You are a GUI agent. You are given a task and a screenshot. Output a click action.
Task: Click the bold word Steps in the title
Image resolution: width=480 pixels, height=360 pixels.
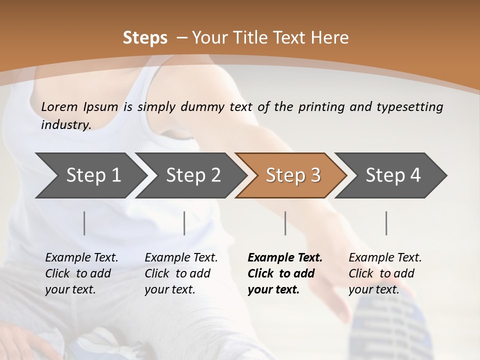click(x=145, y=38)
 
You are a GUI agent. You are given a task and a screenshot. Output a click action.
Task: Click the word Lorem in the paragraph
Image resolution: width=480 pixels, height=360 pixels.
click(x=59, y=106)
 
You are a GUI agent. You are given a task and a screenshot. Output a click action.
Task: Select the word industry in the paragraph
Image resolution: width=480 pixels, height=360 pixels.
click(x=66, y=125)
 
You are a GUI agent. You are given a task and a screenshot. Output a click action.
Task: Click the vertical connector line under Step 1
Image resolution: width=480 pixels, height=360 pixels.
click(x=84, y=223)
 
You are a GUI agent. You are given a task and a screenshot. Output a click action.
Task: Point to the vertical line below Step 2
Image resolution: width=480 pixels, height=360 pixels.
click(x=184, y=223)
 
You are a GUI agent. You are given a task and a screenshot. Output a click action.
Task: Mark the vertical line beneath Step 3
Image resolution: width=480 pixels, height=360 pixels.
click(x=285, y=223)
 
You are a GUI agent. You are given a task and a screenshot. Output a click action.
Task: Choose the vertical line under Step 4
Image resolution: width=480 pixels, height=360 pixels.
click(x=386, y=223)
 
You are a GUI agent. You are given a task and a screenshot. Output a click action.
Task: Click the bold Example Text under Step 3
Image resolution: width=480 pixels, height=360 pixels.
click(x=285, y=257)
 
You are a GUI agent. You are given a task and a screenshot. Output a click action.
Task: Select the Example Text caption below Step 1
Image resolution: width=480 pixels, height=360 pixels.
click(x=81, y=257)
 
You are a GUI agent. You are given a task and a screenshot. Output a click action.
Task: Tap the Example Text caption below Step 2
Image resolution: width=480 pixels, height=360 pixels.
click(x=181, y=257)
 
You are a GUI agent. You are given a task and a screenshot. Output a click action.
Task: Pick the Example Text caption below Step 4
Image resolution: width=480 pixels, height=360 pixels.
click(x=385, y=257)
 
